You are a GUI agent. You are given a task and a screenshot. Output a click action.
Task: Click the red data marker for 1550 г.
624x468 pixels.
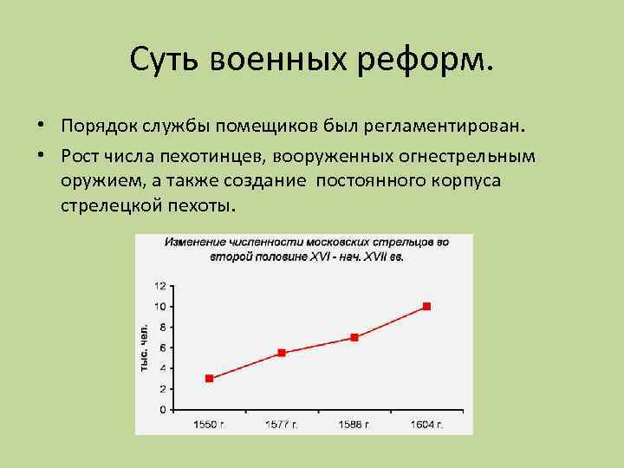209,379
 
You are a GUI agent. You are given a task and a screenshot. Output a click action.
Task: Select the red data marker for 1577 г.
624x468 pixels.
281,353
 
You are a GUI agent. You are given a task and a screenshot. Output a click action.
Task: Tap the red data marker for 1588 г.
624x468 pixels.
354,337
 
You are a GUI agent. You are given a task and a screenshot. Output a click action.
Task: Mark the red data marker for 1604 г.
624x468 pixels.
426,307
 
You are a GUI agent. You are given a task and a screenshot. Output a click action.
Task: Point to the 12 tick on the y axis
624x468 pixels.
160,286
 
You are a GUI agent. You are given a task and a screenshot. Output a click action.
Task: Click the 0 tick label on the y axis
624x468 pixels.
162,409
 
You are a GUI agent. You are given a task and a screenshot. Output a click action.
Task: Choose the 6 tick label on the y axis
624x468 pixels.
162,348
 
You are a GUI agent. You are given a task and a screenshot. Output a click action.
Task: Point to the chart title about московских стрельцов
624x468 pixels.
307,250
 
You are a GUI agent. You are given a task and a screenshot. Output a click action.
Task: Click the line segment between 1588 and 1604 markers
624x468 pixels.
390,322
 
